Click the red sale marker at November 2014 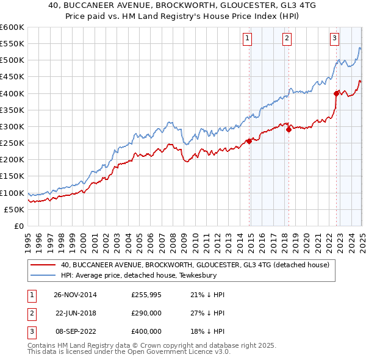tap(249, 141)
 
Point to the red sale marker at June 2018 tap(289, 130)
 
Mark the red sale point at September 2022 tap(336, 93)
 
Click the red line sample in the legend tap(43, 265)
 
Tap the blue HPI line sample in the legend tap(43, 275)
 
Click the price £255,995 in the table tap(146, 295)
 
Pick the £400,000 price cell tap(146, 331)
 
